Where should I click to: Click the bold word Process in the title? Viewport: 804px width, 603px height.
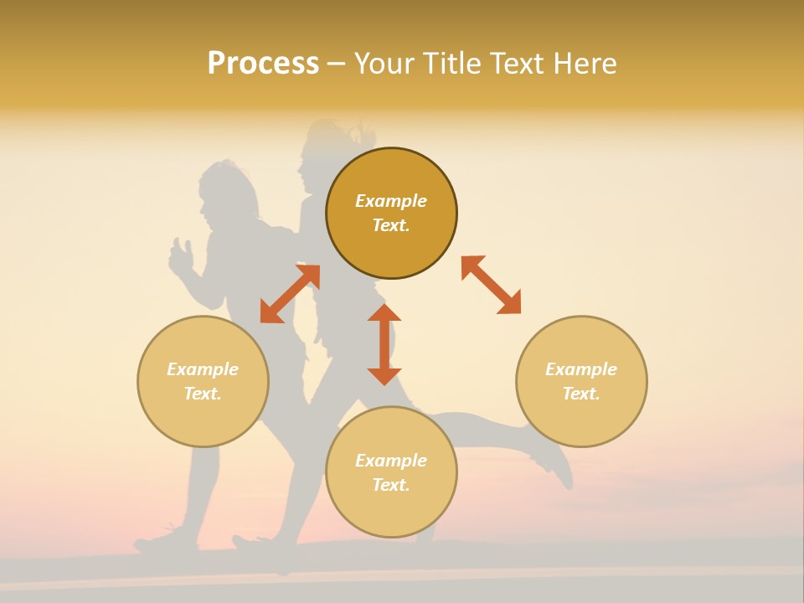point(263,64)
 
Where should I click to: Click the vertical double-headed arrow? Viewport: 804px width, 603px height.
point(384,344)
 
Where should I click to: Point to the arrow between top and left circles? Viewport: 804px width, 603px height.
point(290,293)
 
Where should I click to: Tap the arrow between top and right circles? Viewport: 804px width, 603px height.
point(491,285)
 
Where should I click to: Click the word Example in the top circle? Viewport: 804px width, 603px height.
point(391,201)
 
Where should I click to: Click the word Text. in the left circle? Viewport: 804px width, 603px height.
point(203,394)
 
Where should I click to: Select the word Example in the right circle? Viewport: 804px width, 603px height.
point(581,369)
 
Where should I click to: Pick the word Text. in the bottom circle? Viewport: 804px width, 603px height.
point(391,485)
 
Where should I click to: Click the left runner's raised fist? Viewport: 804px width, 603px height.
point(180,256)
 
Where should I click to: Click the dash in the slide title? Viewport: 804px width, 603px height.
point(336,64)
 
